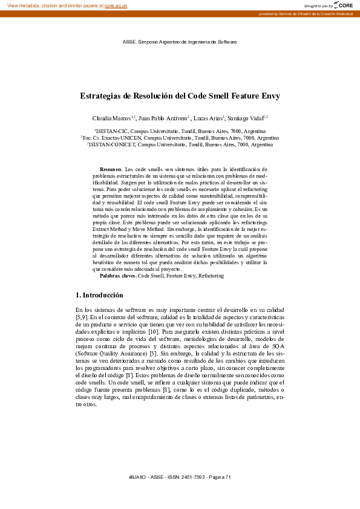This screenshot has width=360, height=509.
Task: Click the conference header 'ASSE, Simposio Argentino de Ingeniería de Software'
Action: coord(180,42)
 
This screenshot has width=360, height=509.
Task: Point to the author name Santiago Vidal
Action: coord(246,117)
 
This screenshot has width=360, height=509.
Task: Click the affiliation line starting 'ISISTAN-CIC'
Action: coord(180,131)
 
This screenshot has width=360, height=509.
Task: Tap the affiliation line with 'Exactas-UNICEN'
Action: coord(180,138)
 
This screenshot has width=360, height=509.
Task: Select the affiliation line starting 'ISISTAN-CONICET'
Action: coord(180,145)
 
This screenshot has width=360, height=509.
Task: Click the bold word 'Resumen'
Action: coord(110,169)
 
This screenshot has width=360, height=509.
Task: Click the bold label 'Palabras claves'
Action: coord(117,276)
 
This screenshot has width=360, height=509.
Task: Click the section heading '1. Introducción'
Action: coord(99,295)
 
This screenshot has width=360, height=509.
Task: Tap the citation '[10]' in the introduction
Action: coord(153,332)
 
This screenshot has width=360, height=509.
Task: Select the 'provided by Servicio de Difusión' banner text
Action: coord(306,13)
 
